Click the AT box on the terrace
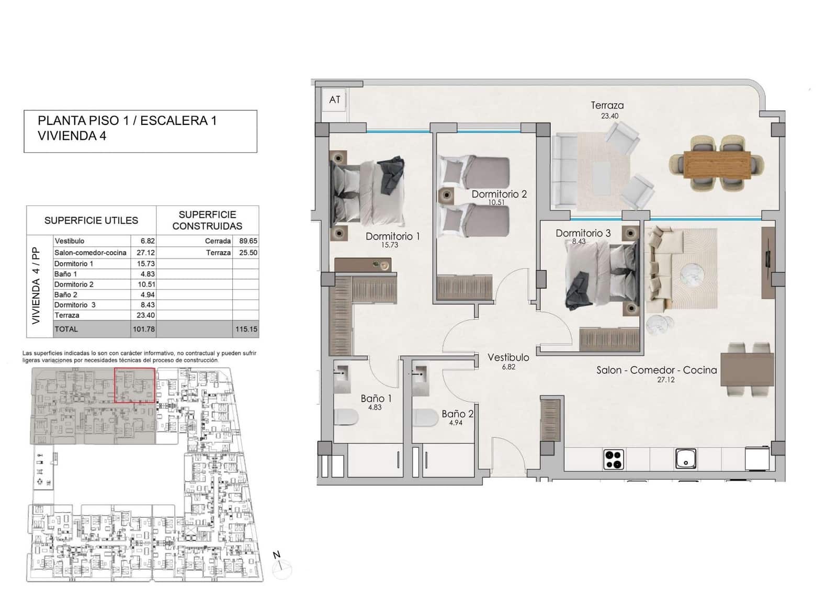[x=335, y=99]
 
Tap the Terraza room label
[x=607, y=105]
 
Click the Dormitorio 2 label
[x=499, y=194]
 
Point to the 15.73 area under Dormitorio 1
[x=389, y=245]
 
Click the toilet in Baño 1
[x=346, y=417]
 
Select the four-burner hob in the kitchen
[x=614, y=459]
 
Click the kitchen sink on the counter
[x=685, y=459]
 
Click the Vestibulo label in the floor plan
[x=508, y=358]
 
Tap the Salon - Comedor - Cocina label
[x=657, y=370]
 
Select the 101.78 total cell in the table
[x=143, y=329]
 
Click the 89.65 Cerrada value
[x=248, y=241]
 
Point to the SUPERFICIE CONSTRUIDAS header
[x=207, y=220]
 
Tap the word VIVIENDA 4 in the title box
[x=72, y=136]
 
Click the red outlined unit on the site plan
[x=134, y=385]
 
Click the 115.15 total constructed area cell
[x=246, y=329]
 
